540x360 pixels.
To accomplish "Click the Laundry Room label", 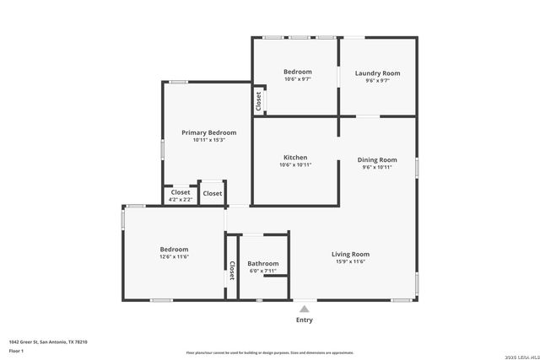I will [377, 73].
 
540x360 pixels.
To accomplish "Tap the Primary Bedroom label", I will [208, 132].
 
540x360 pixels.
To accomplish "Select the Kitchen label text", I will [295, 158].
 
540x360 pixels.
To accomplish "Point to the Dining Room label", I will [377, 159].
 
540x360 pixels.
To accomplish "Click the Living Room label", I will [350, 254].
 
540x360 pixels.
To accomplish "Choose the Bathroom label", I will [262, 264].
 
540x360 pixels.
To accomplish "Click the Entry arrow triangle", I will [304, 309].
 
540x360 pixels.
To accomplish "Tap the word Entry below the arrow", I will [304, 320].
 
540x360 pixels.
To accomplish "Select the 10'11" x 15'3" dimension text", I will [208, 140].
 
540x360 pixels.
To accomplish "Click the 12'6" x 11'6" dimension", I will [174, 256].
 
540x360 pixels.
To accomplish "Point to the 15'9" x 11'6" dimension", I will [350, 261].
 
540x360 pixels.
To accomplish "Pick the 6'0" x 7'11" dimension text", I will [262, 271].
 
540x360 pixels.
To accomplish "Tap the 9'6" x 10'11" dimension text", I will [377, 167].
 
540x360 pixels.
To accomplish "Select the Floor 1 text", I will [17, 350].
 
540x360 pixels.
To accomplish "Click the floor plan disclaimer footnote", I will [269, 352].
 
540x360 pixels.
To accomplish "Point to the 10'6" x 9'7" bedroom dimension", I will [297, 79].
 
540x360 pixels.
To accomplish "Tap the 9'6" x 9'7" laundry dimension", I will [377, 80].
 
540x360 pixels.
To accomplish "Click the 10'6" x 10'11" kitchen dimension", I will [295, 165].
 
